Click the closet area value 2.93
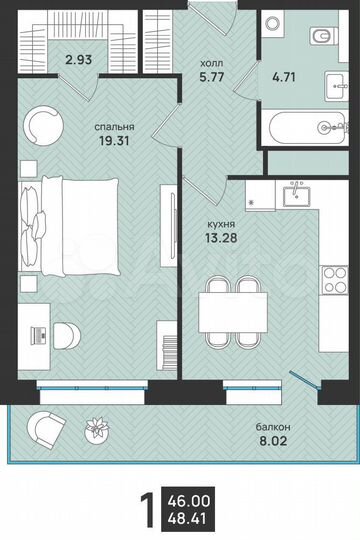point(79,60)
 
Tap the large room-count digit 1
point(148,510)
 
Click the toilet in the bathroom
point(319,38)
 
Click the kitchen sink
point(296,196)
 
